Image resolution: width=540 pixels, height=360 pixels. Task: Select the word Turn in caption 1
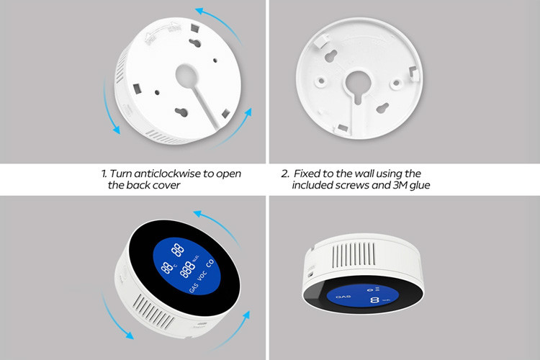(120, 174)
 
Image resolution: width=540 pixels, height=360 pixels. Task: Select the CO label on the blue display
(210, 264)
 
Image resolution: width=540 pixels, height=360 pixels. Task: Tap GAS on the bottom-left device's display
(194, 288)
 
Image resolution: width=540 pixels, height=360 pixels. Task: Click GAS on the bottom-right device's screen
(343, 296)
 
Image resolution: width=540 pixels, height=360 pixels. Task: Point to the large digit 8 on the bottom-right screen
(374, 300)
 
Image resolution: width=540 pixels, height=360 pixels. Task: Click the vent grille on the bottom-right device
(354, 254)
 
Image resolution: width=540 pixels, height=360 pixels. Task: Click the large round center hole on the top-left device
(186, 76)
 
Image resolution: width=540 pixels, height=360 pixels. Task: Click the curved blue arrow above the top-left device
(220, 23)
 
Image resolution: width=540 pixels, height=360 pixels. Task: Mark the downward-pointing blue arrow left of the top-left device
(109, 106)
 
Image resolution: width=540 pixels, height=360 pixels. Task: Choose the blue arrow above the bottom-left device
(218, 225)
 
